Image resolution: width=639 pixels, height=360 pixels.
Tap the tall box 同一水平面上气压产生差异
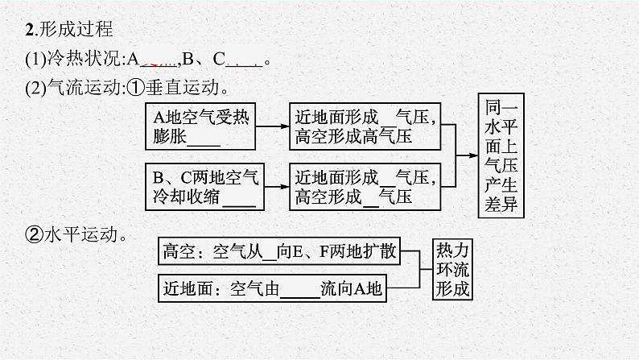coord(499,157)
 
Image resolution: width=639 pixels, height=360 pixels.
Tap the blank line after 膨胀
coord(203,139)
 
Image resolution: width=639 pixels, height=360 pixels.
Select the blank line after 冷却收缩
coord(237,198)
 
